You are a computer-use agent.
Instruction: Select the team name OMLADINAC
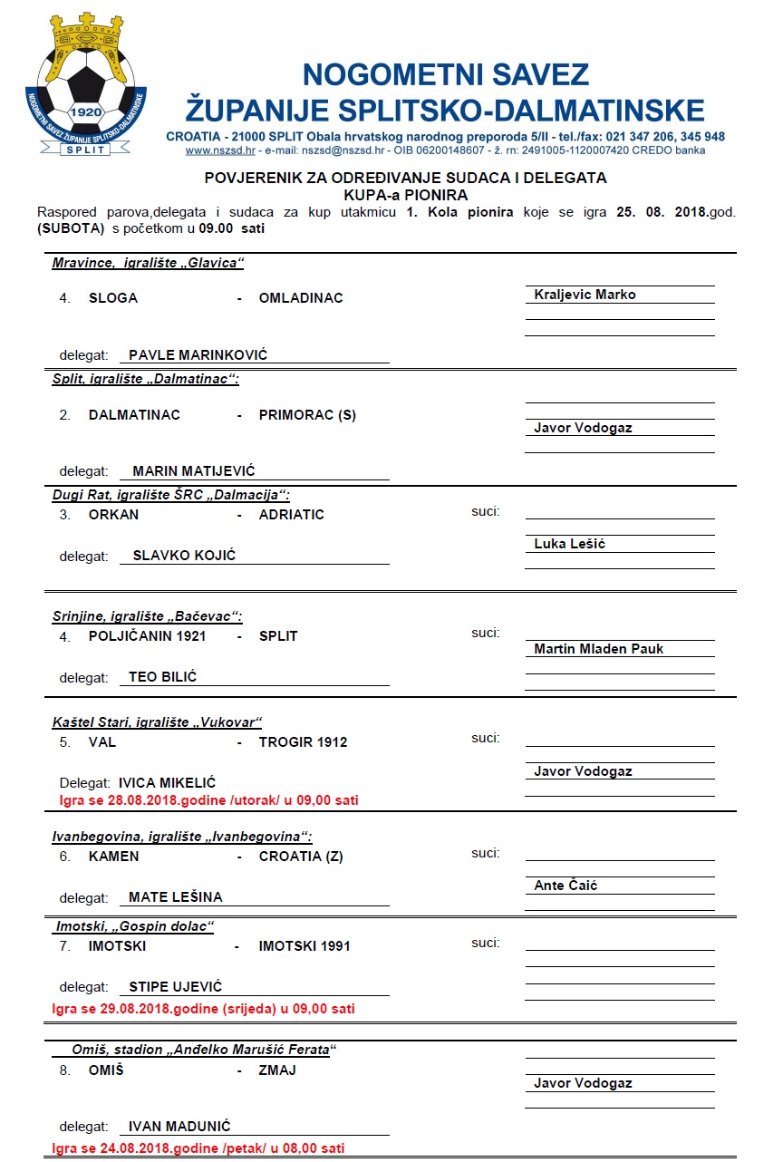coord(301,298)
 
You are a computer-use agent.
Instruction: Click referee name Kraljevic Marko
coord(585,295)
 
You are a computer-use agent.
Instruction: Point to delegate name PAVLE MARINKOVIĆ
coord(198,355)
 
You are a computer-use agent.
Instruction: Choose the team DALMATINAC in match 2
coord(134,415)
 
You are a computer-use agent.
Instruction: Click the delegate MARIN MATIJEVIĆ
coord(194,471)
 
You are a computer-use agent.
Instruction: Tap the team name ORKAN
coord(113,515)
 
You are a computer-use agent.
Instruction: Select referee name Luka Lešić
coord(569,544)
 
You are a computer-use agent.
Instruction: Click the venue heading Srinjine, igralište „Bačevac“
coord(148,617)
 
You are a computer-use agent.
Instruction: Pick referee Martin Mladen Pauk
coord(598,649)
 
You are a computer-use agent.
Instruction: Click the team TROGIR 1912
coord(303,742)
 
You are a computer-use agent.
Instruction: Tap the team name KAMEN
coord(113,857)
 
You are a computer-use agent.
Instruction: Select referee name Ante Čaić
coord(565,886)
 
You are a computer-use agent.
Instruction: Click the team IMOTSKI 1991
coord(304,946)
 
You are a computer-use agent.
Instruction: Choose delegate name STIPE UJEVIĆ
coord(175,987)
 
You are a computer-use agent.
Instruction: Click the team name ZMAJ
coord(277,1070)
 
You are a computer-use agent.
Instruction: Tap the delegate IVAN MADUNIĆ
coord(179,1127)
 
